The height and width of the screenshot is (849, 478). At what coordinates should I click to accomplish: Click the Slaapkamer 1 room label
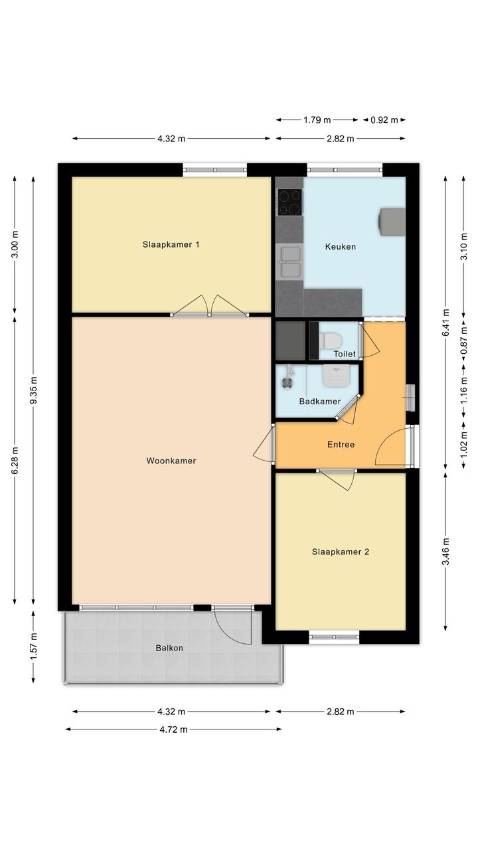click(x=171, y=244)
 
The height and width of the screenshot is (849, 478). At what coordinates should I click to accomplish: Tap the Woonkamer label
click(x=171, y=461)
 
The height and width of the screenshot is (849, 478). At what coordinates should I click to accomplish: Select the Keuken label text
click(x=341, y=247)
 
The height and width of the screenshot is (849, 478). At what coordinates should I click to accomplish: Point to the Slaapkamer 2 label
click(x=341, y=552)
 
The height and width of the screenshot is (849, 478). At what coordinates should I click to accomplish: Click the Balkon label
click(x=169, y=648)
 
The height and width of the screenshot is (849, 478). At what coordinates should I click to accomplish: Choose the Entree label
click(x=341, y=445)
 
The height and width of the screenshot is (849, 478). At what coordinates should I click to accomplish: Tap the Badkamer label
click(x=320, y=402)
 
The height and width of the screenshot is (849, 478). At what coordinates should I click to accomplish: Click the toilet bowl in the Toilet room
click(x=330, y=340)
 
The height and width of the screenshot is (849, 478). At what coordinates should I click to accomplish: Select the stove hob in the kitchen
click(x=290, y=202)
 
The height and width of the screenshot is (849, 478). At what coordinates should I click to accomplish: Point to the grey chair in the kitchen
click(x=391, y=222)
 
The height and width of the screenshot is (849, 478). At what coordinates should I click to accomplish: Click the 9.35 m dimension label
click(x=34, y=390)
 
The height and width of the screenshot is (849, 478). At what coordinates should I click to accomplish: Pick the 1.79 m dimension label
click(x=317, y=120)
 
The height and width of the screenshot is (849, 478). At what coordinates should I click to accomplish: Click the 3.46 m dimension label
click(x=445, y=552)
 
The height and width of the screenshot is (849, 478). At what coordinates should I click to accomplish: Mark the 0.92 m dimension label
click(x=384, y=120)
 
